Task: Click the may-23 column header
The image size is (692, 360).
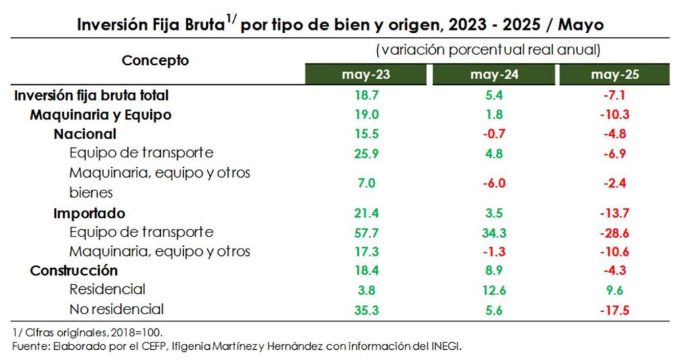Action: click(x=366, y=75)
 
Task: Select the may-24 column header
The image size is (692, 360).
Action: click(x=494, y=75)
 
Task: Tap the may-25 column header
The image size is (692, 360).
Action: click(x=614, y=75)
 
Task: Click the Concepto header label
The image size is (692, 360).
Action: click(x=155, y=60)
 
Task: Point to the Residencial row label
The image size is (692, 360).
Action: click(x=107, y=290)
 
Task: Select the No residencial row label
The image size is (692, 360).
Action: click(x=117, y=309)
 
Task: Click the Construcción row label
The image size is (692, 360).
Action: click(x=74, y=270)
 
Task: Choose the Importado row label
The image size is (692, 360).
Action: click(x=89, y=213)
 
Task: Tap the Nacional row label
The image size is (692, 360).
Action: click(x=85, y=134)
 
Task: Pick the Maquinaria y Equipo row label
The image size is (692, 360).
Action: click(x=101, y=115)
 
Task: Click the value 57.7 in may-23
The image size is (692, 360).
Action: click(x=366, y=232)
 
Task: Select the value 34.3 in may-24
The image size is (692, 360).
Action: click(x=494, y=232)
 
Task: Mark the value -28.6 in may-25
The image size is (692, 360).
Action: click(x=614, y=232)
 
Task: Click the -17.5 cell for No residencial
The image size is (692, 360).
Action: click(x=614, y=309)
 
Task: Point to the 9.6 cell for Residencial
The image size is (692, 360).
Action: click(x=614, y=290)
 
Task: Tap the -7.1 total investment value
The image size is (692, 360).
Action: click(x=614, y=95)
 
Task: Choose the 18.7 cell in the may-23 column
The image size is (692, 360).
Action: click(x=366, y=95)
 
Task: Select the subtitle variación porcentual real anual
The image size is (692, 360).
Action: click(x=487, y=50)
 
